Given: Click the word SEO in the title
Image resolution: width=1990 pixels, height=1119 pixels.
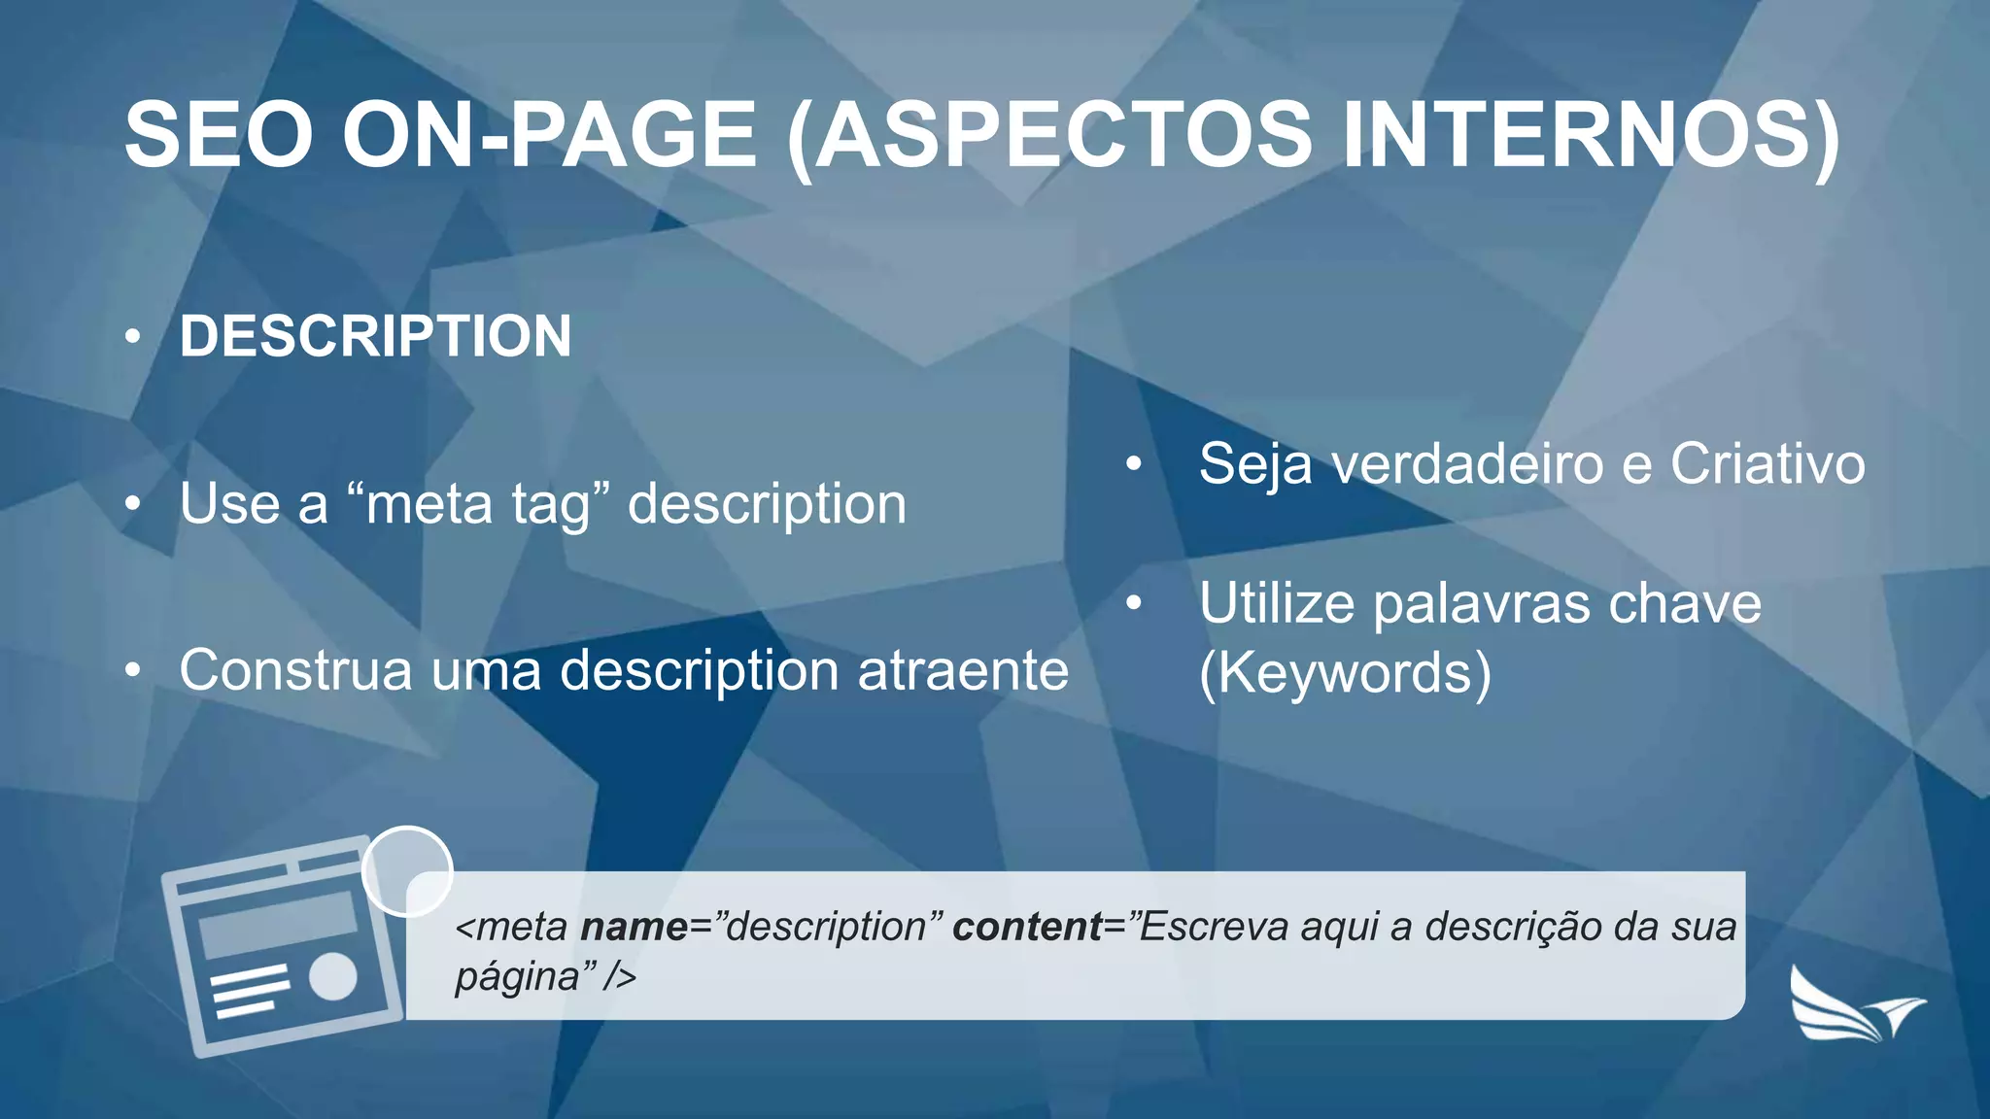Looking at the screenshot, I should pyautogui.click(x=219, y=135).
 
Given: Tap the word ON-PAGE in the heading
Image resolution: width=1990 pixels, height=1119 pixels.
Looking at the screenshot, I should pyautogui.click(x=549, y=135).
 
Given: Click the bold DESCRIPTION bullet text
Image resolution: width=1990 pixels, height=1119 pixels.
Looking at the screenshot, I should pyautogui.click(x=375, y=336).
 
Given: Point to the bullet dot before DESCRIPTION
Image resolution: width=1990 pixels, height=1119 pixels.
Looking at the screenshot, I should pyautogui.click(x=133, y=337).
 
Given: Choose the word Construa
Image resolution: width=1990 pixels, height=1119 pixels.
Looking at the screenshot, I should pyautogui.click(x=295, y=670).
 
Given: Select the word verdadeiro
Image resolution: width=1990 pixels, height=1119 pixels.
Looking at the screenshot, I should pyautogui.click(x=1467, y=463).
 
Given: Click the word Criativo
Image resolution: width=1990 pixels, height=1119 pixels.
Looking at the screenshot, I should pyautogui.click(x=1767, y=463).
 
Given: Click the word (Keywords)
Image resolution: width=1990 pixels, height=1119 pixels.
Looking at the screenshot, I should pyautogui.click(x=1345, y=673).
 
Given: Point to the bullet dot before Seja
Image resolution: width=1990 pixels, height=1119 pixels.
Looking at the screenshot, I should pyautogui.click(x=1133, y=464).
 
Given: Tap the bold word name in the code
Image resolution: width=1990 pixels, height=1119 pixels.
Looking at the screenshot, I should pyautogui.click(x=634, y=927).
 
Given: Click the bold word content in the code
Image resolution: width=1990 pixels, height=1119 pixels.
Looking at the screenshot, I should pyautogui.click(x=1027, y=927).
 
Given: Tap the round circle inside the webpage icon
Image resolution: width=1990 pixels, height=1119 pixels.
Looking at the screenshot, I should pyautogui.click(x=333, y=976).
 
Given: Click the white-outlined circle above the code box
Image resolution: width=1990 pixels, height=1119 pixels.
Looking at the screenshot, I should pyautogui.click(x=407, y=871).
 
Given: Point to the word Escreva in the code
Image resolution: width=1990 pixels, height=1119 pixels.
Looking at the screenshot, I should pyautogui.click(x=1213, y=927).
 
